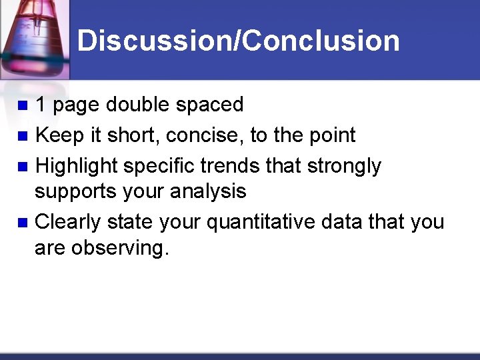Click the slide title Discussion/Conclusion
coord(238,40)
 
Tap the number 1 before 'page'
coord(41,105)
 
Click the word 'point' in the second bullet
coord(332,136)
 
